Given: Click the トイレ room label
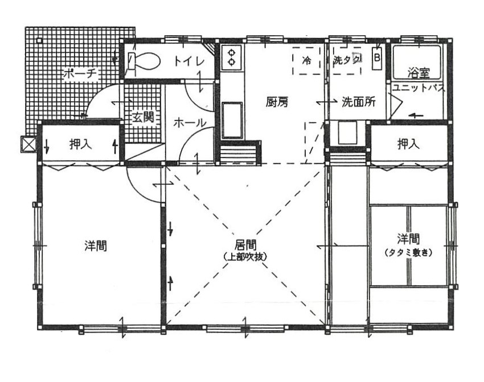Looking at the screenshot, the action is [190, 61].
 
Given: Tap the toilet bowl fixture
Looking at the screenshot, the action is [144, 61].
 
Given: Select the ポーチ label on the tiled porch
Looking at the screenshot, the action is [80, 74].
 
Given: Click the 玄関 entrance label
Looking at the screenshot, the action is [143, 117].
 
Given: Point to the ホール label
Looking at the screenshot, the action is [190, 123].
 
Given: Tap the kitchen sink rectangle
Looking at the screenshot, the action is [232, 120].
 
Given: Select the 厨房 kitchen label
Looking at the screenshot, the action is [277, 102].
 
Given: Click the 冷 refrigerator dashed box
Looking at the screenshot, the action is [306, 60].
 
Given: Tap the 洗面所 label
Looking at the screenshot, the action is [359, 102].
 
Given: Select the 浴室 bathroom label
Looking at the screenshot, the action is [419, 73].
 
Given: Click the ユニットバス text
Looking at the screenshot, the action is [419, 88].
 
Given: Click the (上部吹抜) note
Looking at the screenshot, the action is [245, 256].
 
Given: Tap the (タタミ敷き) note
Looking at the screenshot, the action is [408, 252].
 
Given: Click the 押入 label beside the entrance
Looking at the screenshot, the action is [80, 144].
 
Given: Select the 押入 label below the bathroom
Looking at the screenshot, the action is [408, 144].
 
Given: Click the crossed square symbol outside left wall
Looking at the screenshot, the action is [28, 144].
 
